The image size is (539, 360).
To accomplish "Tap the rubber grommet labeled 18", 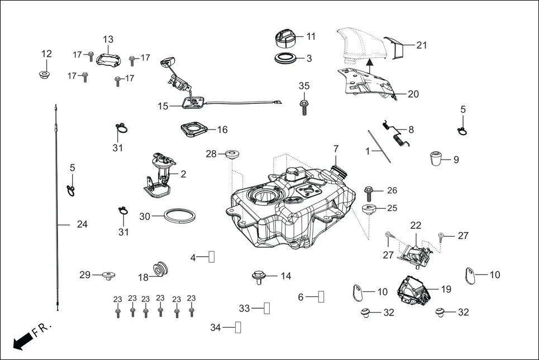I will pos(161,269).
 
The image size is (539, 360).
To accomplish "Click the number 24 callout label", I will pos(82,224).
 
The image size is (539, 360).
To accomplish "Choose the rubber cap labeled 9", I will pos(436,159).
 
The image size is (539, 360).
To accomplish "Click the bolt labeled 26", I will pos(371,193).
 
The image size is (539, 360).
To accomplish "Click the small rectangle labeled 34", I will pos(238,327).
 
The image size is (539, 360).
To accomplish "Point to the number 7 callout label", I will pos(336,149).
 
